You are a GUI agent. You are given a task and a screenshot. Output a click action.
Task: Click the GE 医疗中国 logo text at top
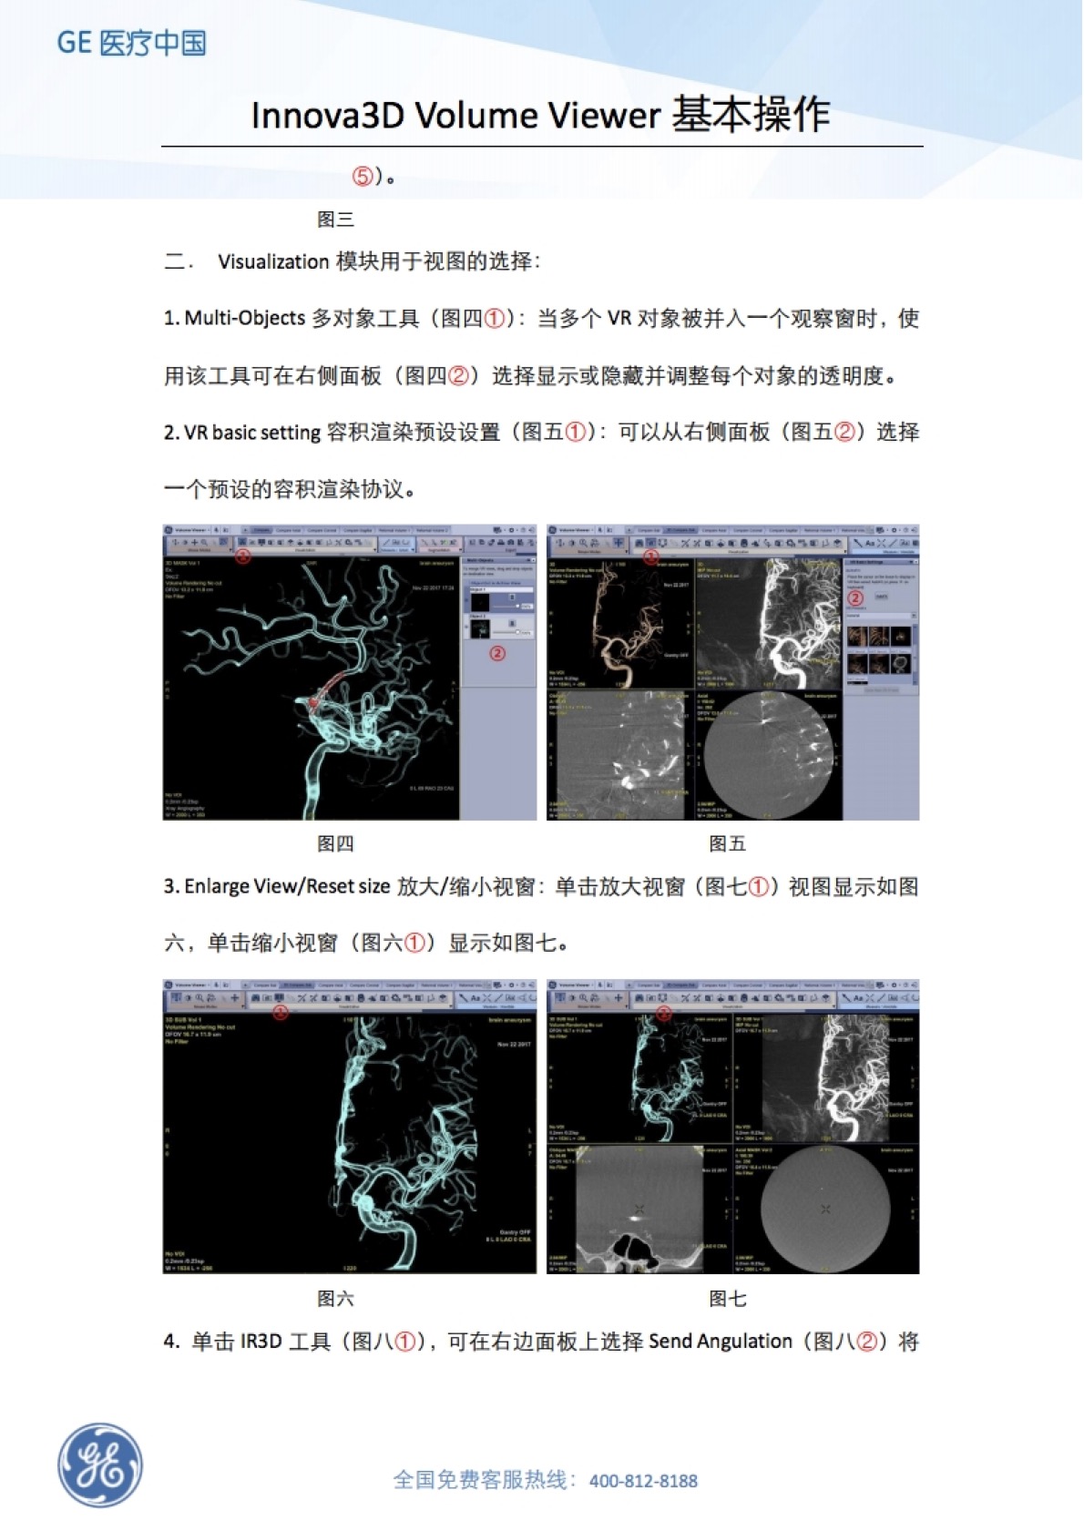pos(131,43)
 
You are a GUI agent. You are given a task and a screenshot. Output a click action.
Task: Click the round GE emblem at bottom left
pos(100,1465)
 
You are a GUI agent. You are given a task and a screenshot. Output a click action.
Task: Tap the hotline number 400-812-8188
pos(643,1481)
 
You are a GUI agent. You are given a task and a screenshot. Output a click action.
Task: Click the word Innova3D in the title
pos(328,117)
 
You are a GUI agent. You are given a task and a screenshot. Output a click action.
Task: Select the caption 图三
pos(335,219)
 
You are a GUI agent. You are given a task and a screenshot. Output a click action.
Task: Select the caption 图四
pos(335,844)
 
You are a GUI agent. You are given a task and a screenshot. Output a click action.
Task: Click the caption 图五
pos(727,844)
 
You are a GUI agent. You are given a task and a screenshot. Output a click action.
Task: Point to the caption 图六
pos(335,1299)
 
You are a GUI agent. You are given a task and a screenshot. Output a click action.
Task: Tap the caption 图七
pos(727,1299)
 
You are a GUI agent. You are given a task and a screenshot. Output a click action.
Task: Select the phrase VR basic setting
pos(252,433)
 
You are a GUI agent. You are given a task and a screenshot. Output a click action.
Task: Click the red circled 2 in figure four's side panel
pos(497,653)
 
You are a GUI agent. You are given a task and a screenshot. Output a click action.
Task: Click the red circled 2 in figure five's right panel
pos(855,598)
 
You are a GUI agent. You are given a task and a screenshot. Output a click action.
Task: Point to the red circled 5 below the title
pos(363,177)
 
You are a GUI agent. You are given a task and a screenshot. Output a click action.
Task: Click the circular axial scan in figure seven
pos(824,1209)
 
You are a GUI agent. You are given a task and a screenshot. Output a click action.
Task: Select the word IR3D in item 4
pos(261,1342)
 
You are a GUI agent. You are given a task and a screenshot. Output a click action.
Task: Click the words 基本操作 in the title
pos(751,116)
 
